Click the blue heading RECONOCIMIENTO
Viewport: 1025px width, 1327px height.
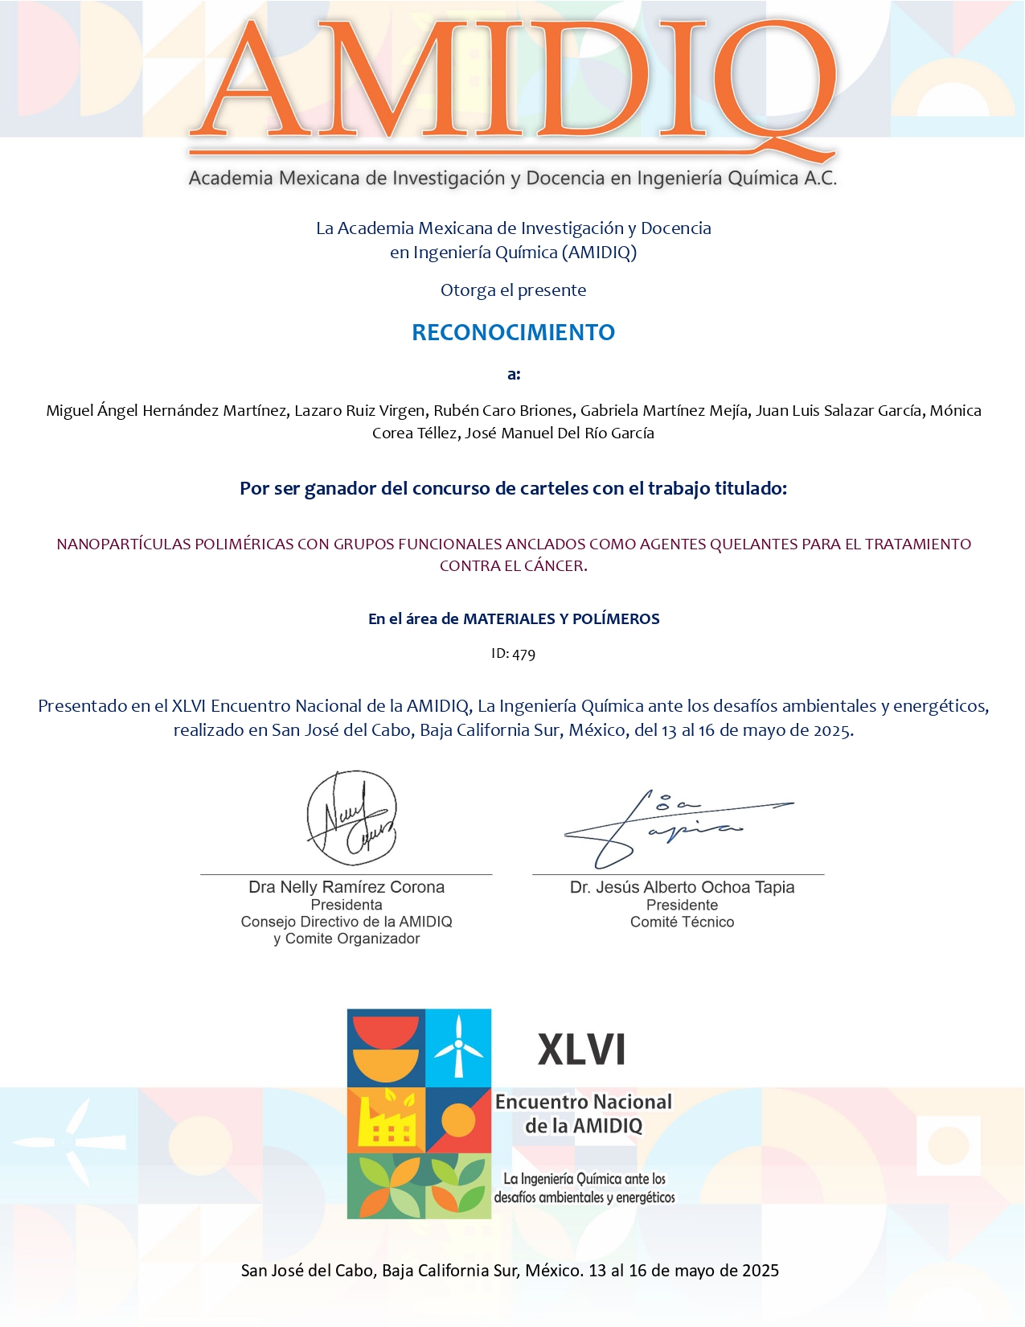tap(513, 332)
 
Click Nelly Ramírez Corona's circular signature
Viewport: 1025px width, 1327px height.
tap(351, 818)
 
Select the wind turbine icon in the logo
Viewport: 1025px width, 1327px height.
tap(458, 1046)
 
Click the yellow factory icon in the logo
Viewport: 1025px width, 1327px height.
tap(387, 1120)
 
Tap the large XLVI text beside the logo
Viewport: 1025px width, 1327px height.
tap(581, 1050)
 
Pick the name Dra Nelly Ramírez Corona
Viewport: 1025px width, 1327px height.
tap(346, 887)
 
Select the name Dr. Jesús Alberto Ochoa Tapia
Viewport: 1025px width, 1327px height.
tap(682, 887)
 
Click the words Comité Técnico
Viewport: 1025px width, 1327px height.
tap(682, 922)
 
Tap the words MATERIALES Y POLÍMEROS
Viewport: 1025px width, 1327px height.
tap(561, 619)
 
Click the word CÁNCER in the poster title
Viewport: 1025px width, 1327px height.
tap(554, 566)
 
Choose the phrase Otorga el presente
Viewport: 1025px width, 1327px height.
tap(513, 290)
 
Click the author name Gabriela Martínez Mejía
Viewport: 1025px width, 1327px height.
tap(665, 411)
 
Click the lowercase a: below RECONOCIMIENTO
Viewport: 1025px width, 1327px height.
tap(514, 374)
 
